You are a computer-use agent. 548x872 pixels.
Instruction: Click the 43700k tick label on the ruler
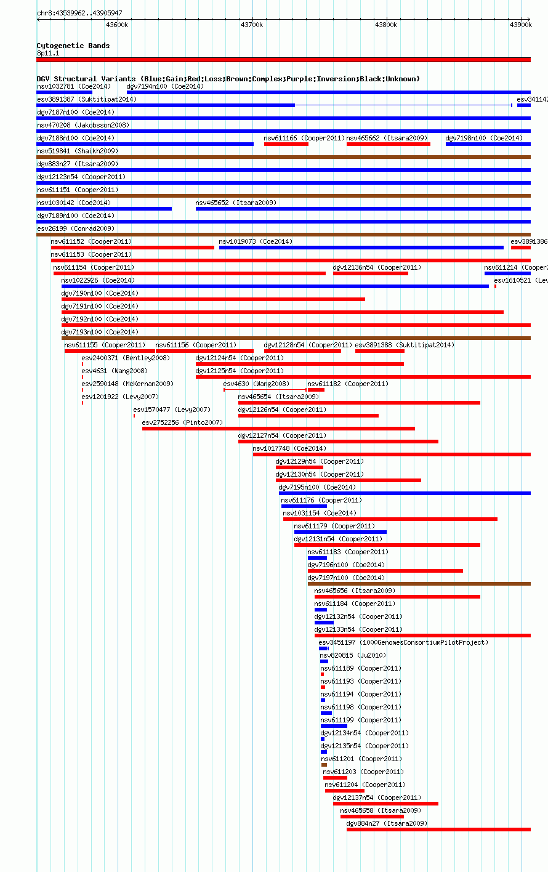(x=252, y=25)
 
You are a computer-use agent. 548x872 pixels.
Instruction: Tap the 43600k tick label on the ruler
(x=117, y=25)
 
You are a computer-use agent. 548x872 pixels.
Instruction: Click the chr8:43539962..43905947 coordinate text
(x=79, y=13)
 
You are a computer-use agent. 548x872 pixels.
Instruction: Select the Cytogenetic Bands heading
(x=73, y=46)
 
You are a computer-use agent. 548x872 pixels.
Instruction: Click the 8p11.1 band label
(x=48, y=53)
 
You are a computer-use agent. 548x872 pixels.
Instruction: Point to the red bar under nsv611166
(x=286, y=144)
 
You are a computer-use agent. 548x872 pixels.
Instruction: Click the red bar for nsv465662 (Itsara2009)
(x=389, y=144)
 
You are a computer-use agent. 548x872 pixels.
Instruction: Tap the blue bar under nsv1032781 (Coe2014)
(x=64, y=92)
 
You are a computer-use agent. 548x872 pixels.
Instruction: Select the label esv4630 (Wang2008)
(x=256, y=384)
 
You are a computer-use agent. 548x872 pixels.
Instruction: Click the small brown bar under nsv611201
(x=324, y=765)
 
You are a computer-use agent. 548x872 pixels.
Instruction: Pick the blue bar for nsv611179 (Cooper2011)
(x=340, y=532)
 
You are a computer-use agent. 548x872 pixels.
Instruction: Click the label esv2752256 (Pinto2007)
(x=182, y=422)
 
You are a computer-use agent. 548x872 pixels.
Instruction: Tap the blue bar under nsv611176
(x=304, y=506)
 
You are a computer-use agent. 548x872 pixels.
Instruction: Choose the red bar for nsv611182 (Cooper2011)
(x=316, y=390)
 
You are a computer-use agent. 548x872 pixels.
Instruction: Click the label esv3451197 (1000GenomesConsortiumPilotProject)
(x=403, y=642)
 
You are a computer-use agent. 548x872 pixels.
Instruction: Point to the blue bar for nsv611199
(x=334, y=725)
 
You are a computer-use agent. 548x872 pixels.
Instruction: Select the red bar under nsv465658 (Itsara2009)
(x=372, y=817)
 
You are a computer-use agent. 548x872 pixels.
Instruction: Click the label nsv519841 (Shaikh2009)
(x=78, y=151)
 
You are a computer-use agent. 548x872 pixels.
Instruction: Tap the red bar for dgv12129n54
(x=299, y=467)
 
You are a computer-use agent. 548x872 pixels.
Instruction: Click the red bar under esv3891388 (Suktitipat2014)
(x=380, y=351)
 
